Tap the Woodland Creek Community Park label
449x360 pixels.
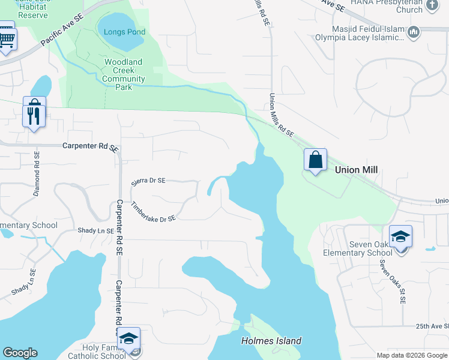pos(123,74)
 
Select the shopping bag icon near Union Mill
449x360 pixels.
pos(315,160)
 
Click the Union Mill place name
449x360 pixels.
pos(356,170)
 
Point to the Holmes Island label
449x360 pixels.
pos(271,341)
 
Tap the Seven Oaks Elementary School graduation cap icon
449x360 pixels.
pos(400,236)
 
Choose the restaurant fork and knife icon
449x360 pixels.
pos(34,115)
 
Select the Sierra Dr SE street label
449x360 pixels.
pos(148,180)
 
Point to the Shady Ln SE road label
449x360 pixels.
pos(95,230)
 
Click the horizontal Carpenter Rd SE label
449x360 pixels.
pos(89,146)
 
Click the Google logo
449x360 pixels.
pos(20,353)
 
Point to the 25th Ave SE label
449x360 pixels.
pos(432,326)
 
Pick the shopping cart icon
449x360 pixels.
pos(6,39)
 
